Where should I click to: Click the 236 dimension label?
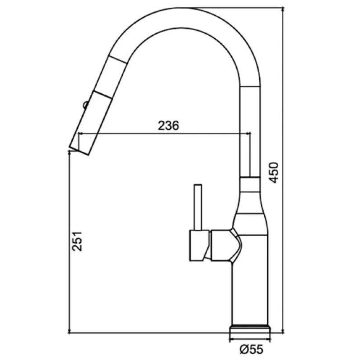[168, 125]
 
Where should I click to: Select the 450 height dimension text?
[274, 173]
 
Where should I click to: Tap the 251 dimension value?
[77, 241]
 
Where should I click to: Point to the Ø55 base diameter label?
[251, 349]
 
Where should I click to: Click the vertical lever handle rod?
[198, 207]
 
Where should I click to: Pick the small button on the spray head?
[85, 105]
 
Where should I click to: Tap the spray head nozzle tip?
[79, 151]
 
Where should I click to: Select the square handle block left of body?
[199, 245]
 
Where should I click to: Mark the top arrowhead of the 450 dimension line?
[283, 9]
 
